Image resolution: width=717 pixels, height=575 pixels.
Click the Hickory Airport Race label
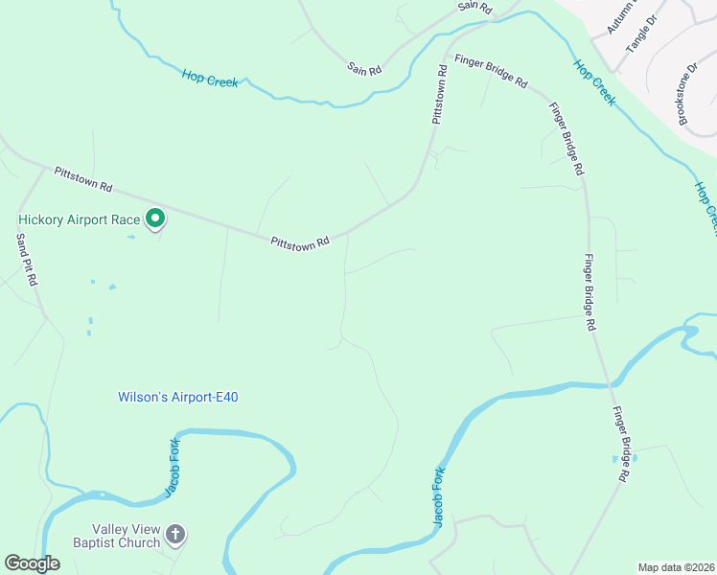(x=79, y=219)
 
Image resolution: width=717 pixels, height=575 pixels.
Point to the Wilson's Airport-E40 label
(x=177, y=396)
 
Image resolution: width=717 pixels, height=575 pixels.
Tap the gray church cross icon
(x=174, y=534)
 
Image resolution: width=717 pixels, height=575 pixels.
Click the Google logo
(x=33, y=563)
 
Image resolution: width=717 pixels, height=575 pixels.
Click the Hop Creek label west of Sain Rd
(x=210, y=78)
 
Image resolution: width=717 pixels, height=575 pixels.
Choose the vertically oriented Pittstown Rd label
(x=439, y=95)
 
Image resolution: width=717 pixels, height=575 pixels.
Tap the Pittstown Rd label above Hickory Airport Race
(x=83, y=178)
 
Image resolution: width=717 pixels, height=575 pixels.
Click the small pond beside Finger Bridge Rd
(x=615, y=459)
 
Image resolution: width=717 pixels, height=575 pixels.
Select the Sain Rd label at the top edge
(x=474, y=7)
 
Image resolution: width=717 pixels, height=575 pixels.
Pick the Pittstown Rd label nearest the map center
(x=300, y=241)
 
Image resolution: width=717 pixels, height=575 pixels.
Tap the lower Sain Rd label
(x=364, y=69)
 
